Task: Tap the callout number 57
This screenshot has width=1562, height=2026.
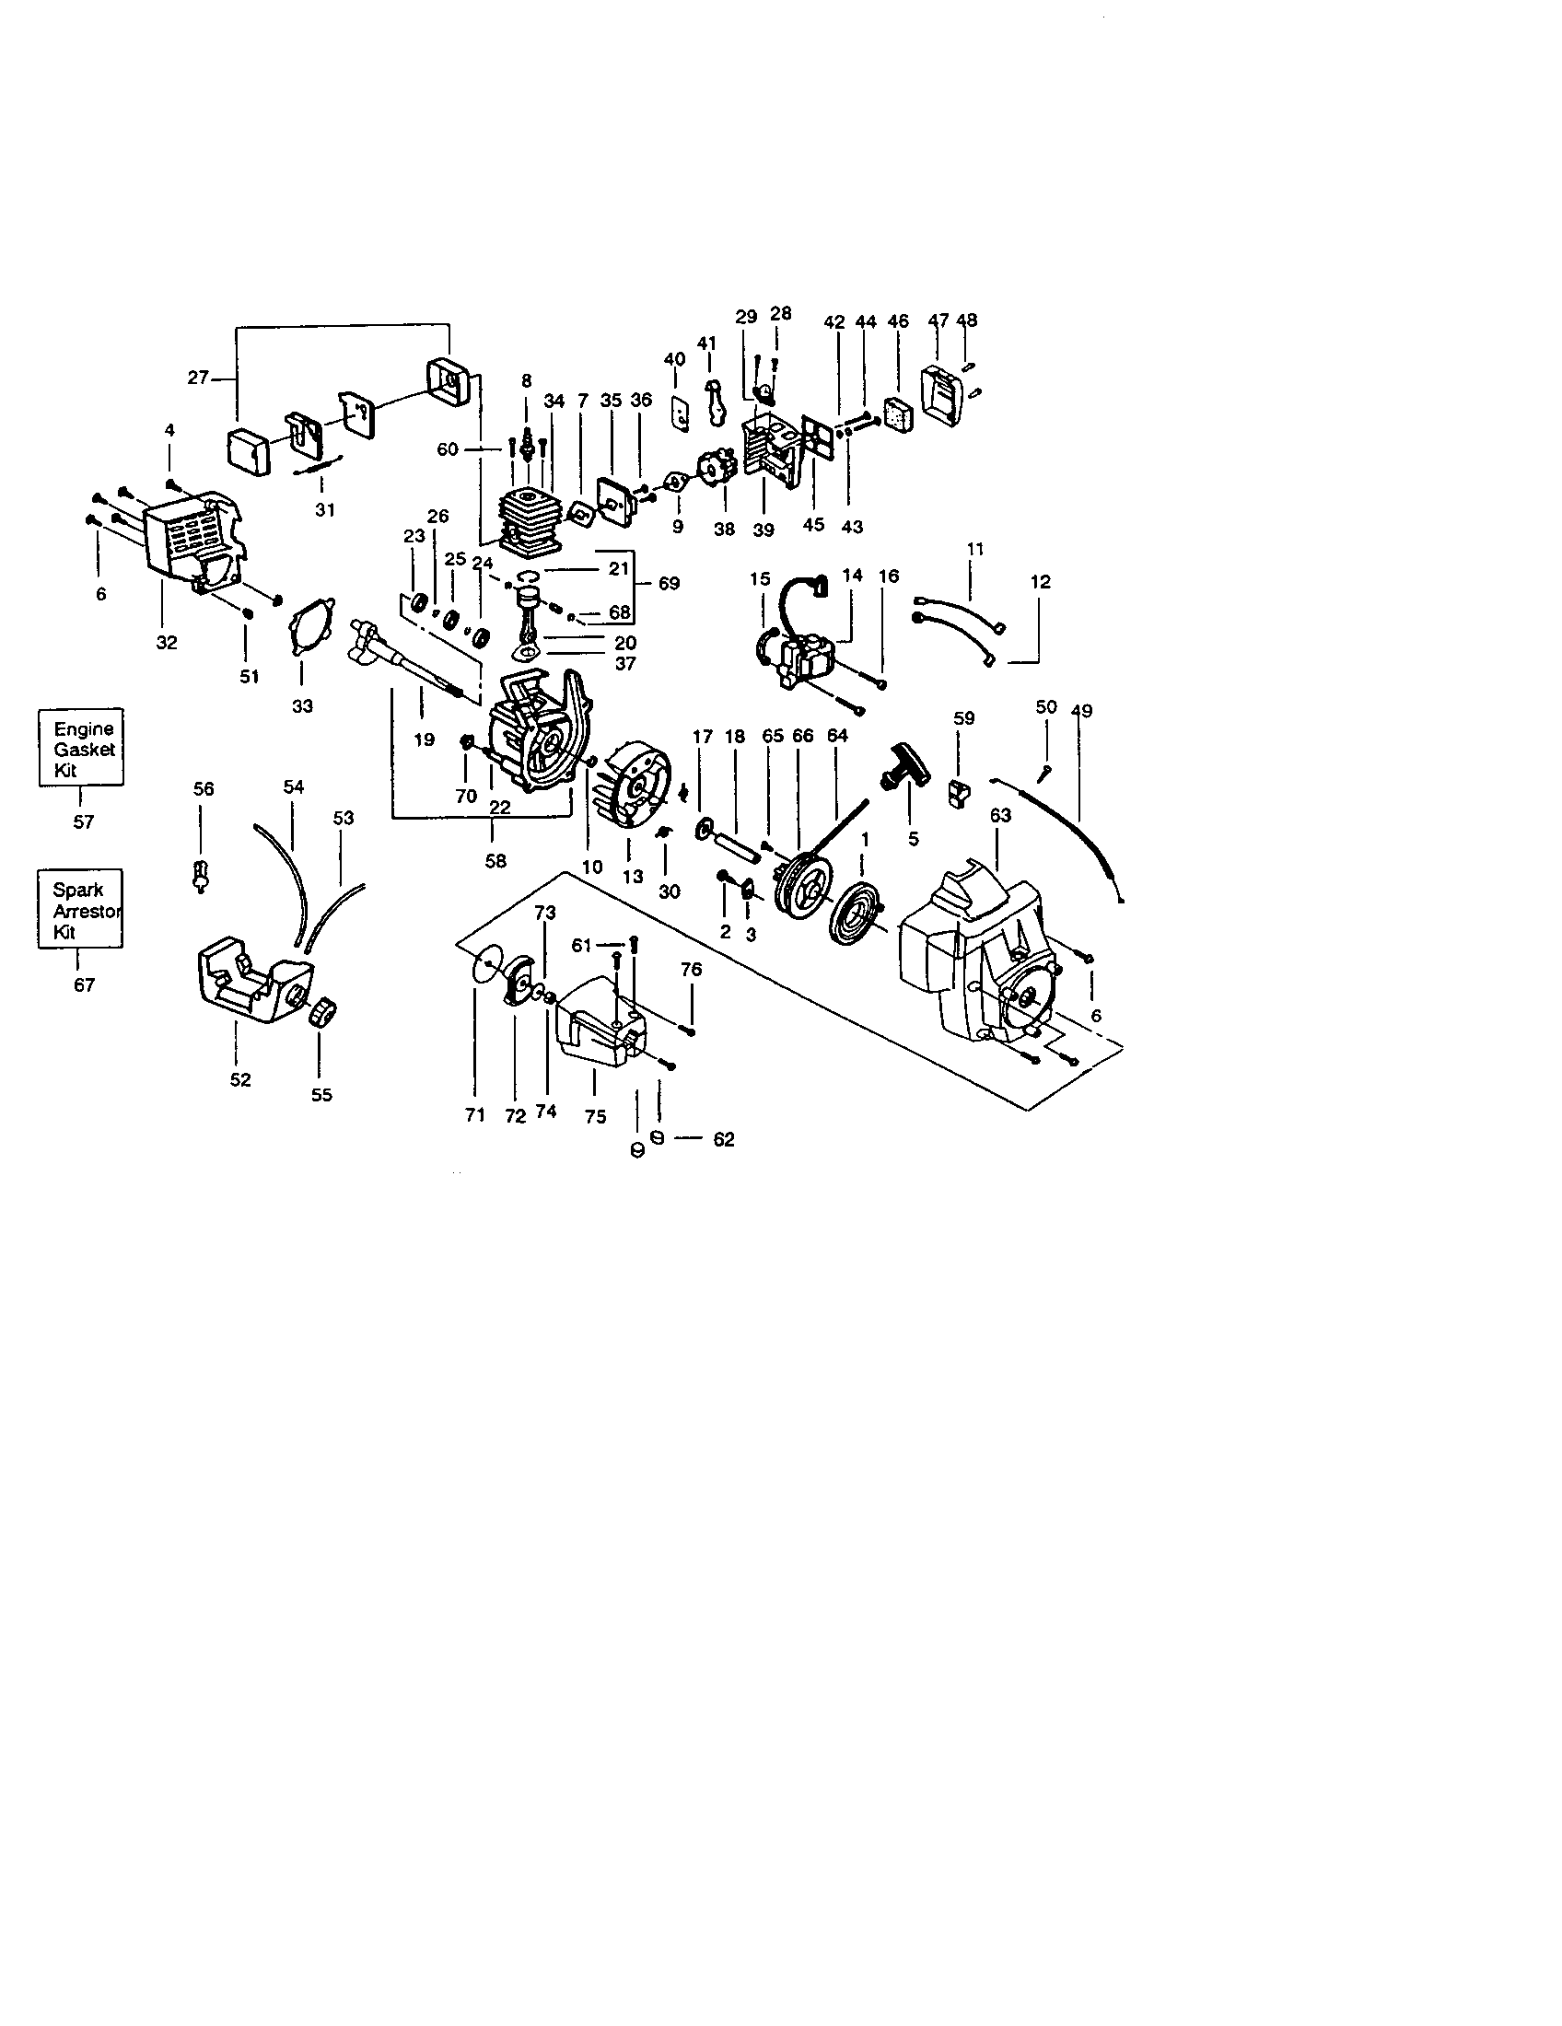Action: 84,821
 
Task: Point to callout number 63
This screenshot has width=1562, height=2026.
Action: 1000,815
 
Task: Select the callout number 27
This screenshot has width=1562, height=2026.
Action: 198,378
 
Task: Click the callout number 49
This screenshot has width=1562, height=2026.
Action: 1081,712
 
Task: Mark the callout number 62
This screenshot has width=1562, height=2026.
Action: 724,1140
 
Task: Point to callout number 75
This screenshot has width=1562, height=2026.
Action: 596,1117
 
